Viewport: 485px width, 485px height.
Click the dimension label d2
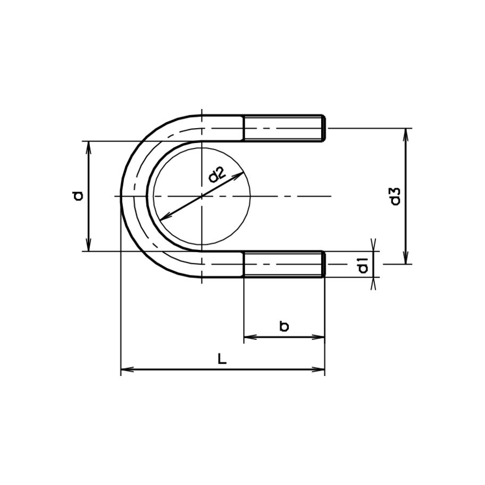click(217, 175)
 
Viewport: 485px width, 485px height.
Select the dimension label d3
click(395, 196)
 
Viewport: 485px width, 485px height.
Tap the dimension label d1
click(363, 264)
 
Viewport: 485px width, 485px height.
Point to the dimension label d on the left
click(78, 196)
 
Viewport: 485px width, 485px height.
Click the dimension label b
click(284, 327)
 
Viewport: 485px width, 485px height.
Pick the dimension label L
click(222, 359)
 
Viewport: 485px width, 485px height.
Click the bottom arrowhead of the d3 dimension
click(406, 259)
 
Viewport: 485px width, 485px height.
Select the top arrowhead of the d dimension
click(89, 146)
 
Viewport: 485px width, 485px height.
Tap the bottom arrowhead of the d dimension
click(89, 246)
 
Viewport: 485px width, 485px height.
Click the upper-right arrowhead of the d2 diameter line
click(240, 174)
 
